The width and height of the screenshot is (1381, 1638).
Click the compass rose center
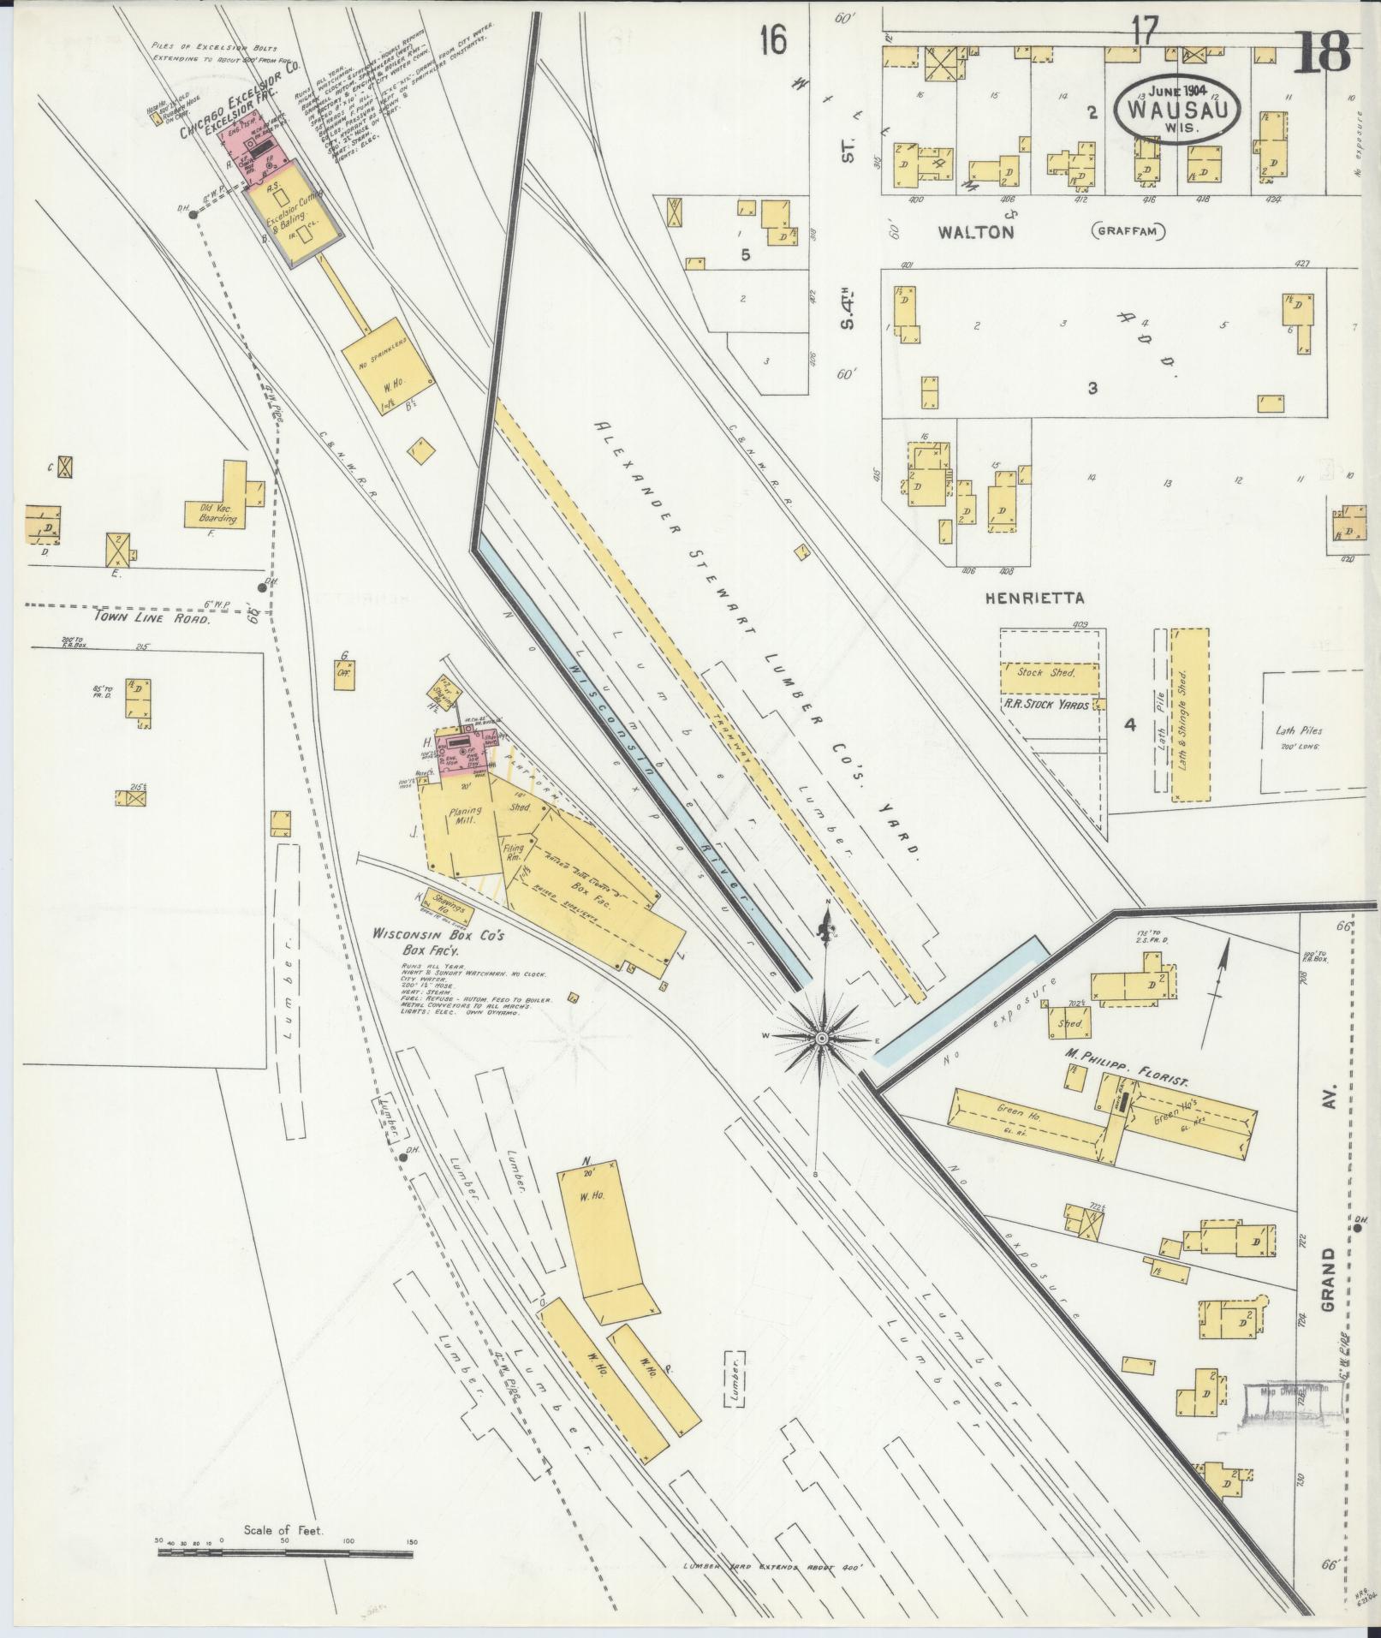click(x=821, y=1038)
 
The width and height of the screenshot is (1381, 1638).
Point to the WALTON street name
click(x=976, y=231)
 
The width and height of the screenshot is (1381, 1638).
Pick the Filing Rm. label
click(x=512, y=850)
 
